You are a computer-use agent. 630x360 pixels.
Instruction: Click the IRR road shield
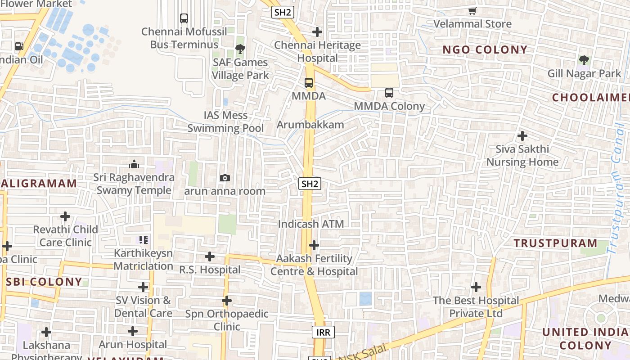pyautogui.click(x=323, y=333)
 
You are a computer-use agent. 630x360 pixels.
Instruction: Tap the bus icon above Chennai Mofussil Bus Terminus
pyautogui.click(x=184, y=18)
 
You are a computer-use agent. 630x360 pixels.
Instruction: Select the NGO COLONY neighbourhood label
pyautogui.click(x=485, y=50)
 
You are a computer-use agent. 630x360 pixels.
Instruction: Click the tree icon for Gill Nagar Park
pyautogui.click(x=584, y=60)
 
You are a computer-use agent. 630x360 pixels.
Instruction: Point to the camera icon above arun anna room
pyautogui.click(x=225, y=178)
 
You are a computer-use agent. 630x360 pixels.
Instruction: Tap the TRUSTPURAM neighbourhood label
pyautogui.click(x=555, y=243)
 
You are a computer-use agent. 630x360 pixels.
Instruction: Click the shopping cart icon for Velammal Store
pyautogui.click(x=472, y=11)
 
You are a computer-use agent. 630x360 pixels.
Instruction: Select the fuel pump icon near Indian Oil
pyautogui.click(x=19, y=46)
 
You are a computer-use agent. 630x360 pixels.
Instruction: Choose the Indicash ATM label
pyautogui.click(x=310, y=224)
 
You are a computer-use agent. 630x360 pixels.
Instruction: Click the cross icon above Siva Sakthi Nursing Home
pyautogui.click(x=522, y=135)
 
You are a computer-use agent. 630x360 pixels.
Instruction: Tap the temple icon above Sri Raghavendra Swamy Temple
pyautogui.click(x=134, y=164)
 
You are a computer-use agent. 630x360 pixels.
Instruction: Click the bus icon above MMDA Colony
pyautogui.click(x=389, y=93)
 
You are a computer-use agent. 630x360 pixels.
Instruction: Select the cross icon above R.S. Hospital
pyautogui.click(x=209, y=256)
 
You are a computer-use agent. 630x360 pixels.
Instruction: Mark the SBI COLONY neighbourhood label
pyautogui.click(x=44, y=282)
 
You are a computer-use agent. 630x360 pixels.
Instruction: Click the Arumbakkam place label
pyautogui.click(x=310, y=125)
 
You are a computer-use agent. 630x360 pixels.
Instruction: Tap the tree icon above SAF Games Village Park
pyautogui.click(x=240, y=49)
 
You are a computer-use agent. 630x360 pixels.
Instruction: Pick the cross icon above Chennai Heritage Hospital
pyautogui.click(x=317, y=32)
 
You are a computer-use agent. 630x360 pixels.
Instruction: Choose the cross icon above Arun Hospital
pyautogui.click(x=132, y=332)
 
